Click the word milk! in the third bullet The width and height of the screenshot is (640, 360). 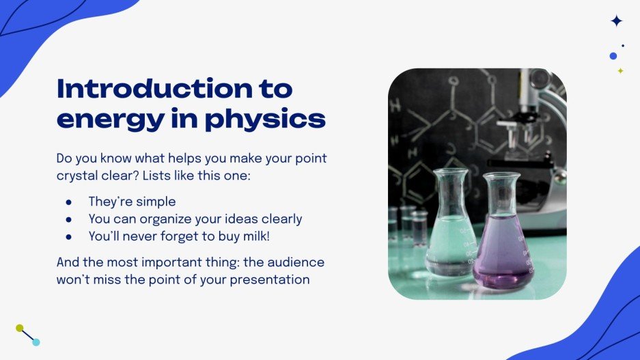tap(262, 236)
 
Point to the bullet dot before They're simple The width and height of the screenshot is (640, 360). tap(68, 202)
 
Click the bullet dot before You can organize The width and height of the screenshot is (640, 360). tap(68, 219)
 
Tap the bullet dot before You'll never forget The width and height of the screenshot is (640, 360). tap(68, 236)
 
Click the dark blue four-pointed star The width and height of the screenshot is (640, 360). tap(616, 21)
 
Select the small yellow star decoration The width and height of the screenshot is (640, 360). tap(620, 71)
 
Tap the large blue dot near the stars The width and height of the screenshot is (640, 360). tap(613, 56)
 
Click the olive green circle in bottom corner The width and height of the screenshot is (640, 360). tap(20, 328)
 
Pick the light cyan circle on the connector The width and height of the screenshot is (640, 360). tap(36, 342)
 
